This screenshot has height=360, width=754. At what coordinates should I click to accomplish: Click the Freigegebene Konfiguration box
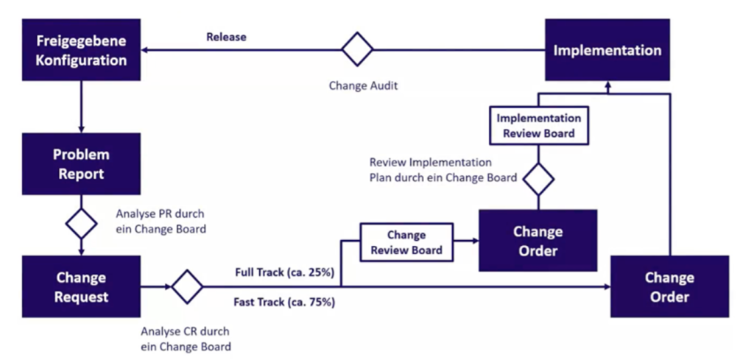(x=81, y=51)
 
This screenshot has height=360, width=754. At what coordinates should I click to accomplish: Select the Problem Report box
(x=81, y=164)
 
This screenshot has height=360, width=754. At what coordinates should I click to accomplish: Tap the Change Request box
(x=81, y=287)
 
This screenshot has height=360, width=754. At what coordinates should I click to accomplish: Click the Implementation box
(x=607, y=51)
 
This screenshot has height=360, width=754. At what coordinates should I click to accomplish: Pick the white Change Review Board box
(x=406, y=242)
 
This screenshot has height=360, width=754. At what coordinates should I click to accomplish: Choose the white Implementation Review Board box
(x=538, y=126)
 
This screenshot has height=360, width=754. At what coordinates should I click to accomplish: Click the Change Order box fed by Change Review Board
(x=538, y=241)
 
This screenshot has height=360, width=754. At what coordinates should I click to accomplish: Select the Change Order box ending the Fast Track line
(x=669, y=287)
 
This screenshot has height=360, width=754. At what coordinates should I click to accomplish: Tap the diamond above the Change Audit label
(x=358, y=50)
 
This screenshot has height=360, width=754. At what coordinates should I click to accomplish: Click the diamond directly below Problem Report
(x=81, y=223)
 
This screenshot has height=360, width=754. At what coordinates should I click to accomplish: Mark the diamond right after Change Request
(x=187, y=286)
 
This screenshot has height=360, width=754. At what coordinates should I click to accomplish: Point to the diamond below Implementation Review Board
(x=538, y=179)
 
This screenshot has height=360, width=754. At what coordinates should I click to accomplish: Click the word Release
(x=226, y=36)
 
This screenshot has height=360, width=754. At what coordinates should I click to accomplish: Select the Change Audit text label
(x=363, y=85)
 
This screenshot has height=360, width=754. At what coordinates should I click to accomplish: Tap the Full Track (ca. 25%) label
(x=284, y=272)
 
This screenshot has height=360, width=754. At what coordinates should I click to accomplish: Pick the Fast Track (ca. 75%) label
(x=284, y=301)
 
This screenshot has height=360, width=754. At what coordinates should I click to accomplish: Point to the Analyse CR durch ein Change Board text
(x=186, y=339)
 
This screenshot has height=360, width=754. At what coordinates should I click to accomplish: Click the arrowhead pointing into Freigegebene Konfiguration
(x=145, y=50)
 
